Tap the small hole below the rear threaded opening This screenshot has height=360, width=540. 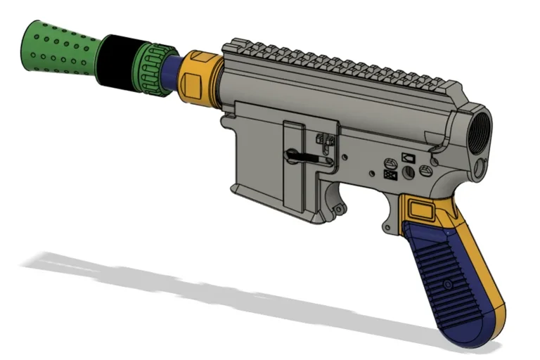point(480,167)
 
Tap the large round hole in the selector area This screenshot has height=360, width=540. point(424,170)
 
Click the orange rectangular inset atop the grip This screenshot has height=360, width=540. point(420,209)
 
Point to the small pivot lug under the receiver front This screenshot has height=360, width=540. point(339,209)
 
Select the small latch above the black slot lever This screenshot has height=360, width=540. point(325,139)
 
